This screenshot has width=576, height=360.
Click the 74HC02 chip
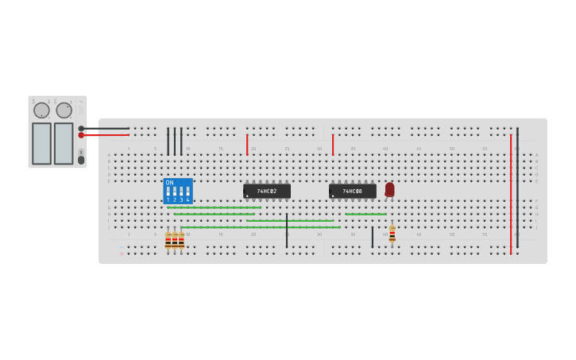(x=267, y=191)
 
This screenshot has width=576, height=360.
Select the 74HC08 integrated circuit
(x=353, y=191)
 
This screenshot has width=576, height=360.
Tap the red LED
(x=389, y=189)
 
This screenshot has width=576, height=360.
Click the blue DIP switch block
(x=177, y=191)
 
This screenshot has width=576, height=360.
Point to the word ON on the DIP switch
(x=169, y=183)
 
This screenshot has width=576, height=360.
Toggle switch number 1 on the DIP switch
(x=168, y=192)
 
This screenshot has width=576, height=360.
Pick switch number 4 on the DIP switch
(x=187, y=192)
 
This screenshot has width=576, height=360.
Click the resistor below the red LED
(x=392, y=234)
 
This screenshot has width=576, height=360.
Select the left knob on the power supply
(x=41, y=110)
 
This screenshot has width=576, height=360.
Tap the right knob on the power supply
(x=64, y=110)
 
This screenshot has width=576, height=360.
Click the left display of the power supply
(x=41, y=143)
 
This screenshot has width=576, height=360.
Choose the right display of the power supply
(x=64, y=143)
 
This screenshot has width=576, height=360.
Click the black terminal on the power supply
(x=81, y=128)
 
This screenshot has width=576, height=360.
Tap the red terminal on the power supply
(x=81, y=135)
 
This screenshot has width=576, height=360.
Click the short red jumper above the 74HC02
(x=247, y=145)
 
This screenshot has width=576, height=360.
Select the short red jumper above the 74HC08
(x=333, y=145)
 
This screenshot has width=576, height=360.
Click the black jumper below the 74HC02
(x=287, y=230)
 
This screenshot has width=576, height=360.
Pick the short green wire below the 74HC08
(x=365, y=214)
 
